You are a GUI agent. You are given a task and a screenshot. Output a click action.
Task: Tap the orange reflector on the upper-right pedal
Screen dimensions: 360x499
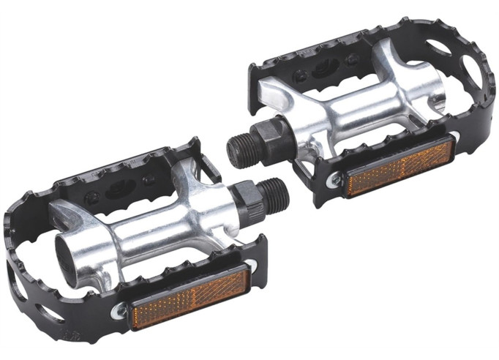click(399, 168)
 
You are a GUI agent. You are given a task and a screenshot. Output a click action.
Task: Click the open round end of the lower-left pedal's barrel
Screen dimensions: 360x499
click(67, 252)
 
